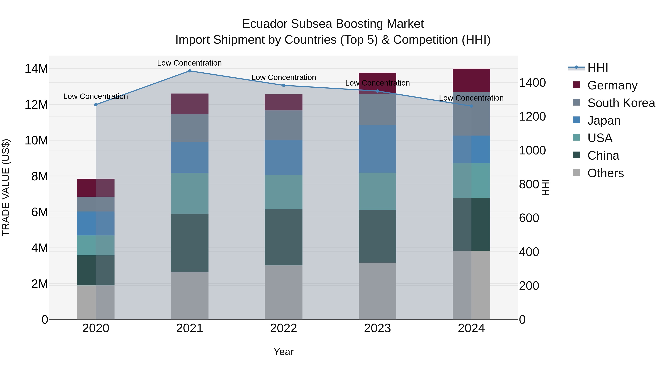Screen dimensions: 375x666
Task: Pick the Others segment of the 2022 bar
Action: click(283, 292)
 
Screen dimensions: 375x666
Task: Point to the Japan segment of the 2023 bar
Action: click(377, 149)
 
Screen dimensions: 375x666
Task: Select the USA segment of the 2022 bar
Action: click(283, 192)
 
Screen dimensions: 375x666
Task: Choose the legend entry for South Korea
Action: click(621, 103)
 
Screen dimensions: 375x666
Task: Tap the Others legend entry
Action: click(605, 173)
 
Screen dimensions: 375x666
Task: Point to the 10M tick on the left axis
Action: click(36, 141)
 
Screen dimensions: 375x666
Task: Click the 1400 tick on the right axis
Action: click(532, 83)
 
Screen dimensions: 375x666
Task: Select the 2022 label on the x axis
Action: click(283, 328)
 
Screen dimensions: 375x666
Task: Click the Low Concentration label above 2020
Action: click(95, 96)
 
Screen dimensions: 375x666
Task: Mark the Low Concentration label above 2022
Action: click(283, 77)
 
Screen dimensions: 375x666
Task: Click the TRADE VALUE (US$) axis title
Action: click(6, 187)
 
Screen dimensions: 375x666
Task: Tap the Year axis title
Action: click(283, 352)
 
